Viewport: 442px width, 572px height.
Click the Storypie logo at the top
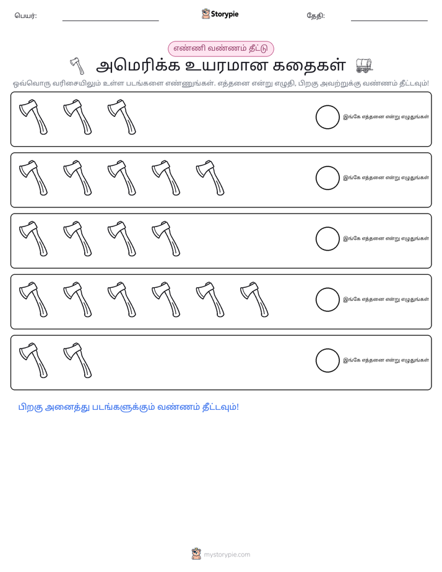(220, 14)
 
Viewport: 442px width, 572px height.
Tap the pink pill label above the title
(220, 48)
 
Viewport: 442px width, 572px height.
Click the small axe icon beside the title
(77, 66)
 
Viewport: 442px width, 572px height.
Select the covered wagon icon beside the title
(363, 66)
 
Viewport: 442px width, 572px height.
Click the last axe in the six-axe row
(254, 299)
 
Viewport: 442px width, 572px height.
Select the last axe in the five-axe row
(210, 178)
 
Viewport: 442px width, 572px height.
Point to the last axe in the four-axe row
(167, 238)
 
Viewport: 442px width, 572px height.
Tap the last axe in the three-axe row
(122, 117)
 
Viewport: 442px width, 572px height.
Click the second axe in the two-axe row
(77, 360)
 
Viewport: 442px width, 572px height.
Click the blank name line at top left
(110, 21)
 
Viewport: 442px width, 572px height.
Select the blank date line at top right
(389, 21)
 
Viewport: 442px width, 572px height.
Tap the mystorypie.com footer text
(227, 555)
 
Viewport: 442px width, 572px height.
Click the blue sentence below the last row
(128, 407)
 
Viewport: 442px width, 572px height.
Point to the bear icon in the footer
(196, 554)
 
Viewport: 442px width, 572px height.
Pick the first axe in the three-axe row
(33, 117)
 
